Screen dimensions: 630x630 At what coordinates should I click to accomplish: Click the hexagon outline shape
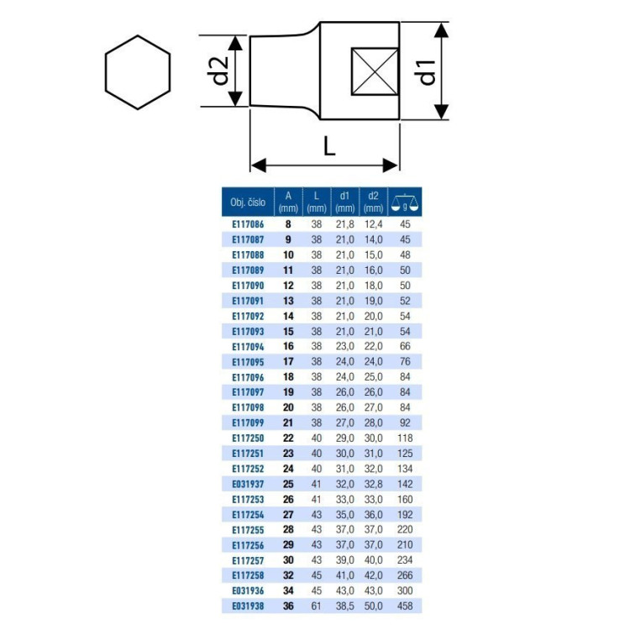coord(106,72)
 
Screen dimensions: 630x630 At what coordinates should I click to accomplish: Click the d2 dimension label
coord(220,71)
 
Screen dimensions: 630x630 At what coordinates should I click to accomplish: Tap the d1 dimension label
coord(427,72)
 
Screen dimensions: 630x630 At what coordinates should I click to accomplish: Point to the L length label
coord(329,146)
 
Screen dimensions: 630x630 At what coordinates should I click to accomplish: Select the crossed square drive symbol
coord(375,71)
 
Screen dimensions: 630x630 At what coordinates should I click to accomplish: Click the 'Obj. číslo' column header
coord(248,202)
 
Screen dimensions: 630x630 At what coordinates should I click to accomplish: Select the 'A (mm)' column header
coord(288,202)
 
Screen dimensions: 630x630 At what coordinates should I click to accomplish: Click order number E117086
coord(248,224)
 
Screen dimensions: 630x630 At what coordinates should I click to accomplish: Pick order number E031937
coord(248,484)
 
